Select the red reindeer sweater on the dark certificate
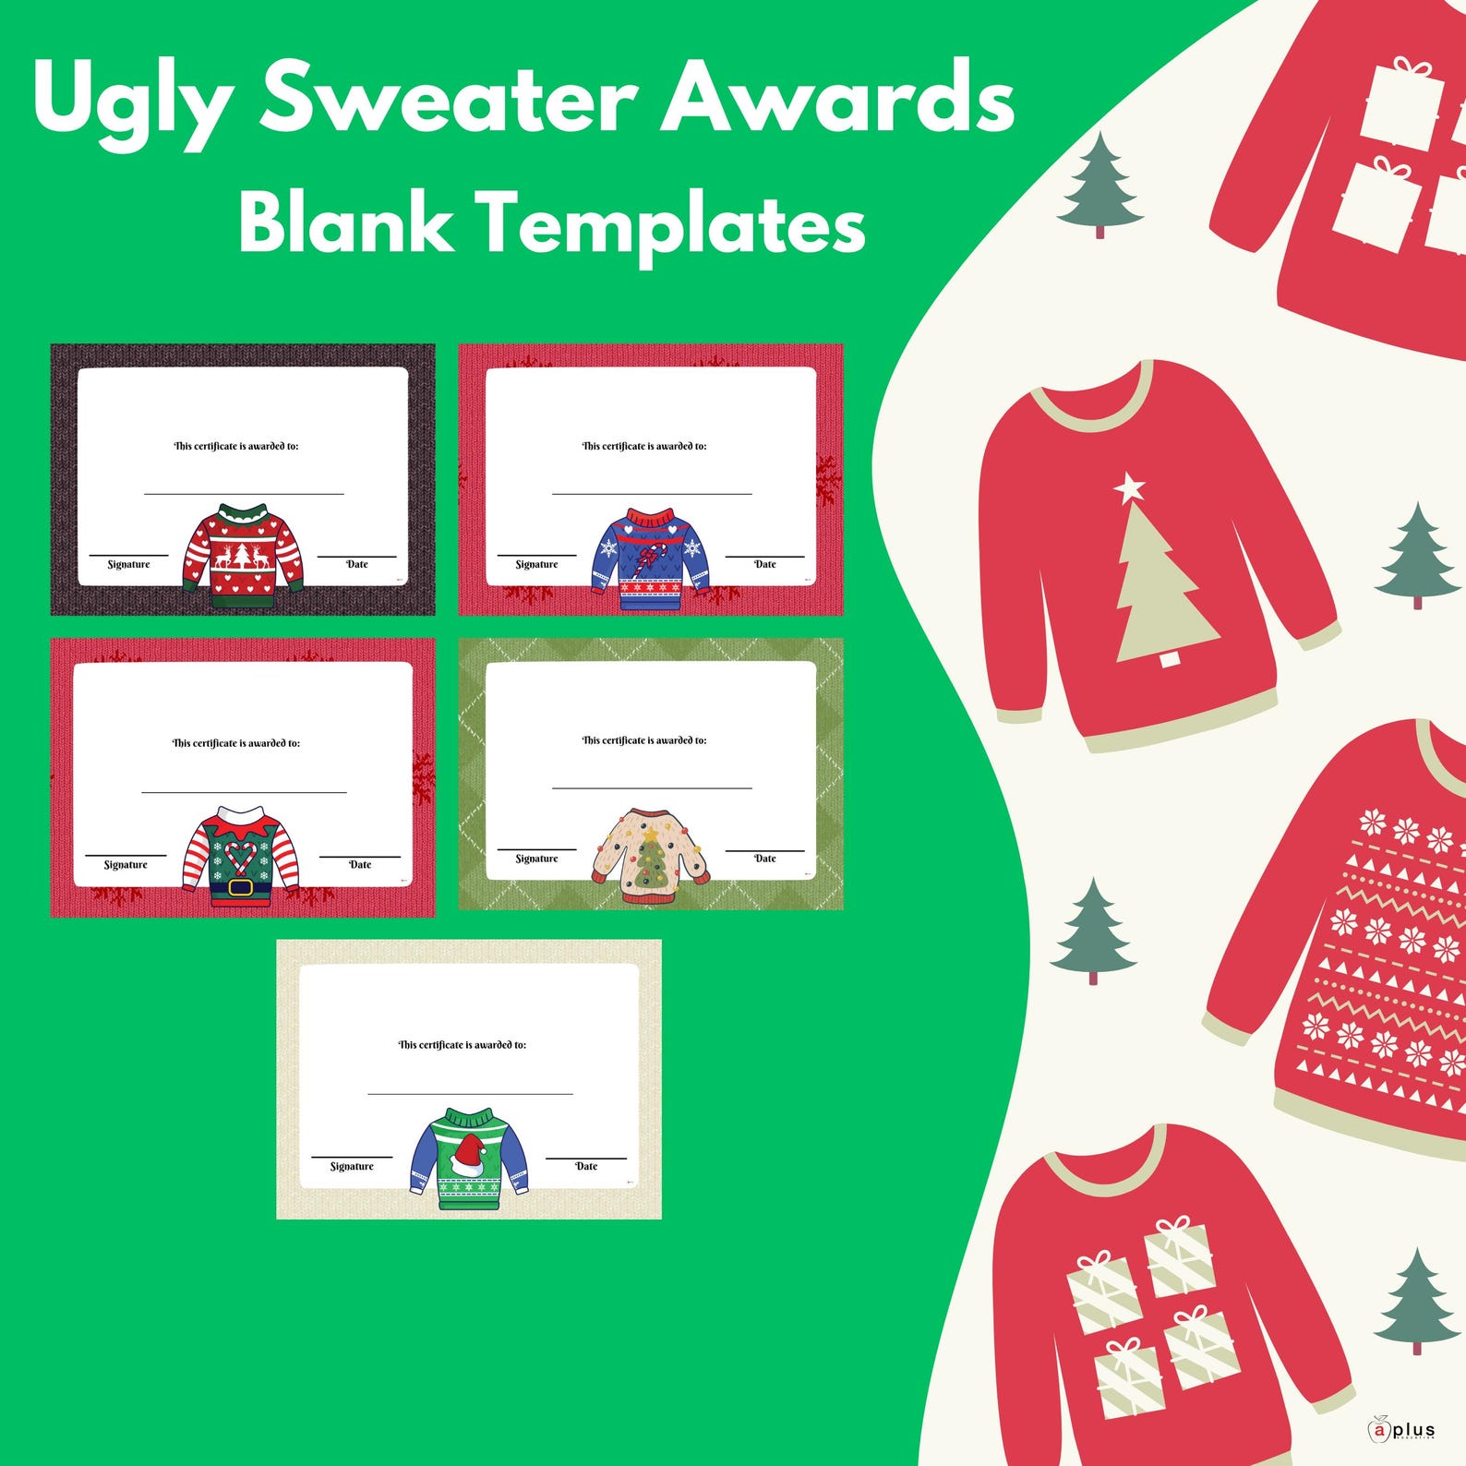pos(243,556)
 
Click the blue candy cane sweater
pos(651,559)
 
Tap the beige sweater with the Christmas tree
pos(650,855)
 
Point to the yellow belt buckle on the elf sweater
pos(240,888)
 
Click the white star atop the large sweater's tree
pos(1128,487)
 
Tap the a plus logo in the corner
pos(1401,1429)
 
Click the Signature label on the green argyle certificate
pos(536,859)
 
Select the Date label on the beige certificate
pos(586,1166)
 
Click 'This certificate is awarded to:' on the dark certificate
pos(236,446)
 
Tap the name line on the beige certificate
pos(470,1093)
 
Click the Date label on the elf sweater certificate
pos(360,865)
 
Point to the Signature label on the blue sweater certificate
pos(536,564)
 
